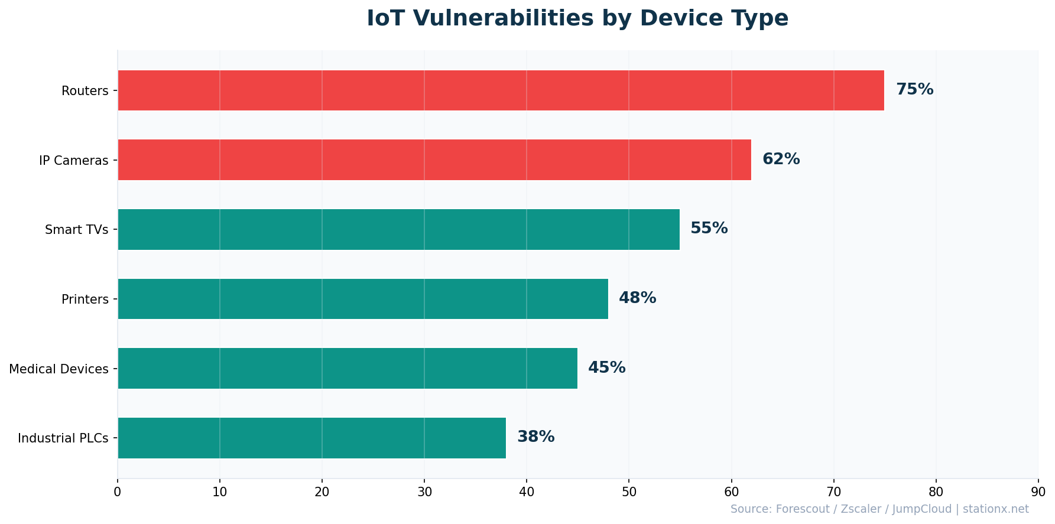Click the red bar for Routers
tap(501, 90)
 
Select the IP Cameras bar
tap(434, 160)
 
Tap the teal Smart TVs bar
tap(398, 229)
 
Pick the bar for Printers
tap(363, 299)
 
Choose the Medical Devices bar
tap(348, 368)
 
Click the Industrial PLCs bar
tap(311, 438)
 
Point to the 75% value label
tap(914, 90)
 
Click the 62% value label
tap(781, 160)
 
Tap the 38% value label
tap(535, 437)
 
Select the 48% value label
tap(637, 298)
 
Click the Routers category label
tap(85, 91)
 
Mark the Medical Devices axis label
tap(59, 369)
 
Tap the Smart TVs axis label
tap(77, 230)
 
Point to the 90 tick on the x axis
tap(1038, 492)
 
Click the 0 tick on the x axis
tap(118, 492)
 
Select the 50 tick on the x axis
tap(629, 492)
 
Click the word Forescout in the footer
tap(801, 509)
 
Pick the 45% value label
tap(606, 368)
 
